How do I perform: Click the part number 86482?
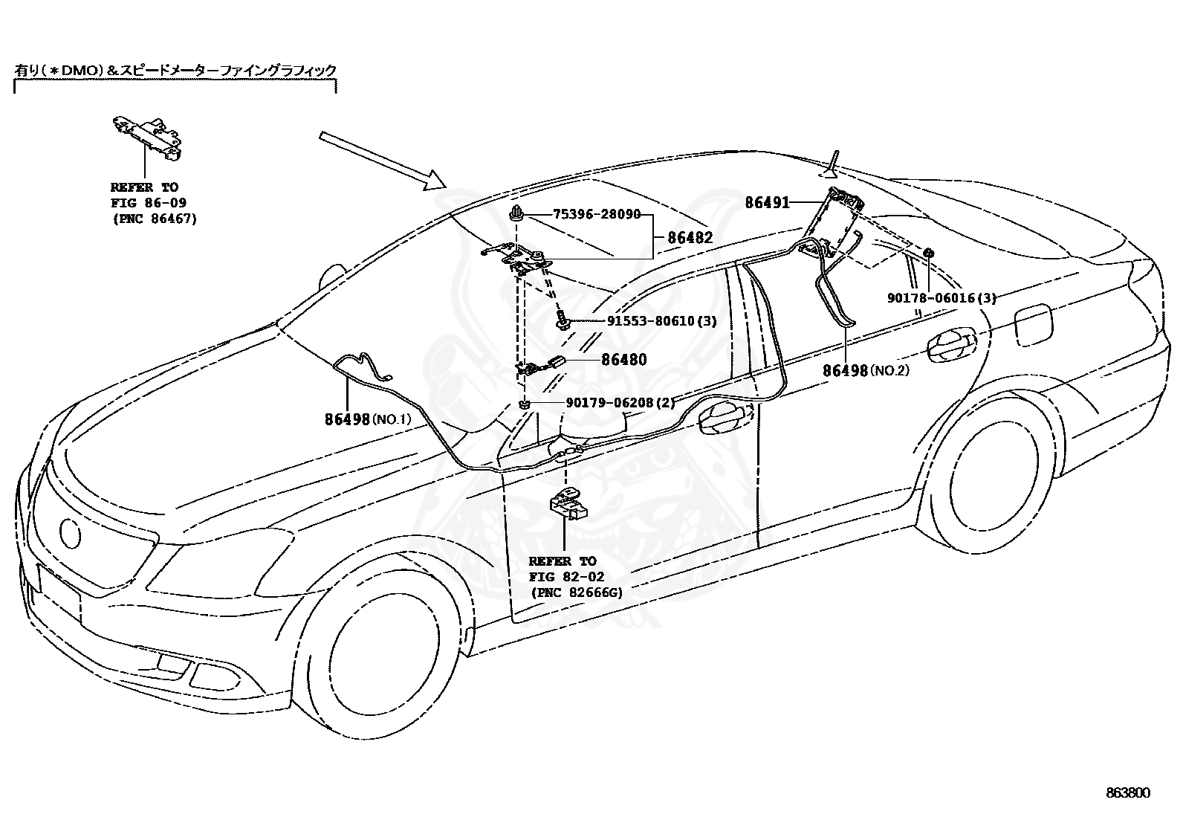tap(690, 238)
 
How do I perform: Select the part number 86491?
tap(768, 202)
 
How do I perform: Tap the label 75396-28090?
tap(597, 214)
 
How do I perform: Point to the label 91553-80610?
tap(651, 320)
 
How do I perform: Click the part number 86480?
tap(624, 360)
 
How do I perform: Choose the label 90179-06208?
tap(610, 403)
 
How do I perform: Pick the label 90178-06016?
tap(931, 298)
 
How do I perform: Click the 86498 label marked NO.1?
tap(368, 419)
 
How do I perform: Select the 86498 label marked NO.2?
tap(866, 371)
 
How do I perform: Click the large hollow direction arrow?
tap(383, 161)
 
